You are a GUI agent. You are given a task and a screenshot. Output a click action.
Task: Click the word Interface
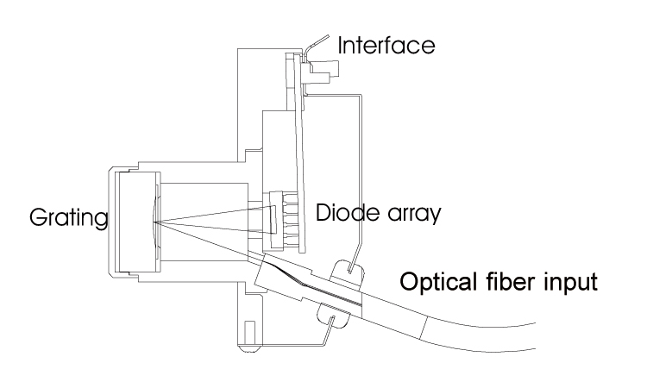386,45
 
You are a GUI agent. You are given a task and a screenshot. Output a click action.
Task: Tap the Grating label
68,217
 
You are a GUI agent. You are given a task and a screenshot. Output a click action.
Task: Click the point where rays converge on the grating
154,222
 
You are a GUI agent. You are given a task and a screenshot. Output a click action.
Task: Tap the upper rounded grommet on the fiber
349,272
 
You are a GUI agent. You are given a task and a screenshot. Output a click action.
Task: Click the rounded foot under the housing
250,348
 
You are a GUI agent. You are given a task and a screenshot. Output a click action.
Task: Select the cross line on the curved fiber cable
424,328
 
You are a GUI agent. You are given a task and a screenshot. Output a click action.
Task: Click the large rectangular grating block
139,222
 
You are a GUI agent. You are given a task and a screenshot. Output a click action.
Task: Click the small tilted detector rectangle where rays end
273,221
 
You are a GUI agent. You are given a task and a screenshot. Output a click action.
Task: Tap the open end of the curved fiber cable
535,336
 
